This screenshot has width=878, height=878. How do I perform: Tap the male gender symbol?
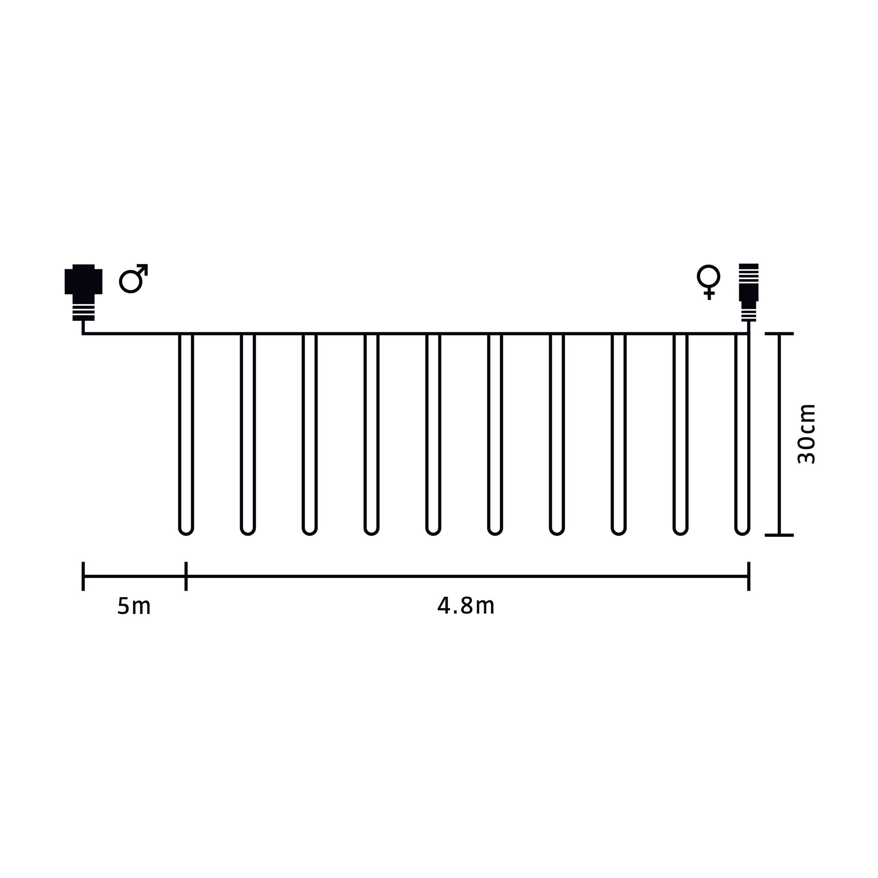133,278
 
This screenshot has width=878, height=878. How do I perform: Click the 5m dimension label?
134,606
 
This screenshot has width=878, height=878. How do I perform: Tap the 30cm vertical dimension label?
807,434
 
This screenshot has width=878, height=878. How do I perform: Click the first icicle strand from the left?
186,432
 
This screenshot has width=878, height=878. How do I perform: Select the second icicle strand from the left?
248,432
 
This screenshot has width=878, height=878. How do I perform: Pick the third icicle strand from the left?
310,432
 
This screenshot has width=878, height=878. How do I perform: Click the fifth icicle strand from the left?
433,432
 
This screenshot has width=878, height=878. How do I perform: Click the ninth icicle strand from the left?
680,432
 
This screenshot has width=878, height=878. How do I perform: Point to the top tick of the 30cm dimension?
779,334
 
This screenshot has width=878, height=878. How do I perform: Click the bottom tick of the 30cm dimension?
779,535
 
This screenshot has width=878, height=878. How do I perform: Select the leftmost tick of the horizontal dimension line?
83,576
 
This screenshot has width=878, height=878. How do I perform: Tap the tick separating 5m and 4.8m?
186,576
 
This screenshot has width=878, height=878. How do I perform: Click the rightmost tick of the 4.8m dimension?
749,576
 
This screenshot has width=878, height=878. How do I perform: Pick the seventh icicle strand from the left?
557,432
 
